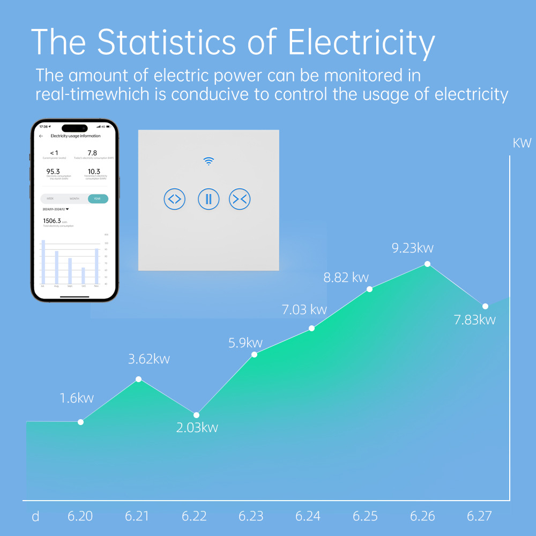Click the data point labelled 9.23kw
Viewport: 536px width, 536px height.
point(427,264)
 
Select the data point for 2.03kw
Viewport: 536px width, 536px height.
point(196,415)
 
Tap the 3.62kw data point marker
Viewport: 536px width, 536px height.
point(138,379)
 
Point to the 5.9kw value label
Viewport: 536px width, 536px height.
point(245,343)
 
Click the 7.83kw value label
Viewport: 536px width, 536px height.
point(474,320)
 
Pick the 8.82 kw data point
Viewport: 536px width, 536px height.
point(369,289)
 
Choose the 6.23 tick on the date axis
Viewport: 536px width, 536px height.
point(251,516)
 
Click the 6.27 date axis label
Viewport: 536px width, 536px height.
point(479,516)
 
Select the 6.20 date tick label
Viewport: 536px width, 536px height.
point(80,516)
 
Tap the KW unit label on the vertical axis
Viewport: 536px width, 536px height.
point(522,143)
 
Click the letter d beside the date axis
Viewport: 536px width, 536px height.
point(35,517)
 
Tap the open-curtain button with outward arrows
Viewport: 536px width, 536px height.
point(174,199)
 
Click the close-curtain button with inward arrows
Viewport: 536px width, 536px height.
point(240,199)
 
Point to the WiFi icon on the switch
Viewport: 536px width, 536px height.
point(209,161)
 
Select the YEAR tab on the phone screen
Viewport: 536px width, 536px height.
point(97,198)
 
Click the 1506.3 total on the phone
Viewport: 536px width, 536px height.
point(51,220)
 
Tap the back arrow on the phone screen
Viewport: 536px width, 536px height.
point(41,136)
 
